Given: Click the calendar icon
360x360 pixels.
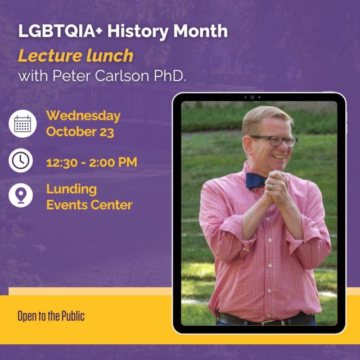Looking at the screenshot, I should (22, 124).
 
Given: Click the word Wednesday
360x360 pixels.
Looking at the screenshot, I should (83, 116).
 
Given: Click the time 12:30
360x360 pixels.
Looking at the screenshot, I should (61, 163).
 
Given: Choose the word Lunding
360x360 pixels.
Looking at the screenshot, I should (71, 189).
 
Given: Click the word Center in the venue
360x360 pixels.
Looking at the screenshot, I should (110, 205).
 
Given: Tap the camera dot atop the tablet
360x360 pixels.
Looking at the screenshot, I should (252, 97).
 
